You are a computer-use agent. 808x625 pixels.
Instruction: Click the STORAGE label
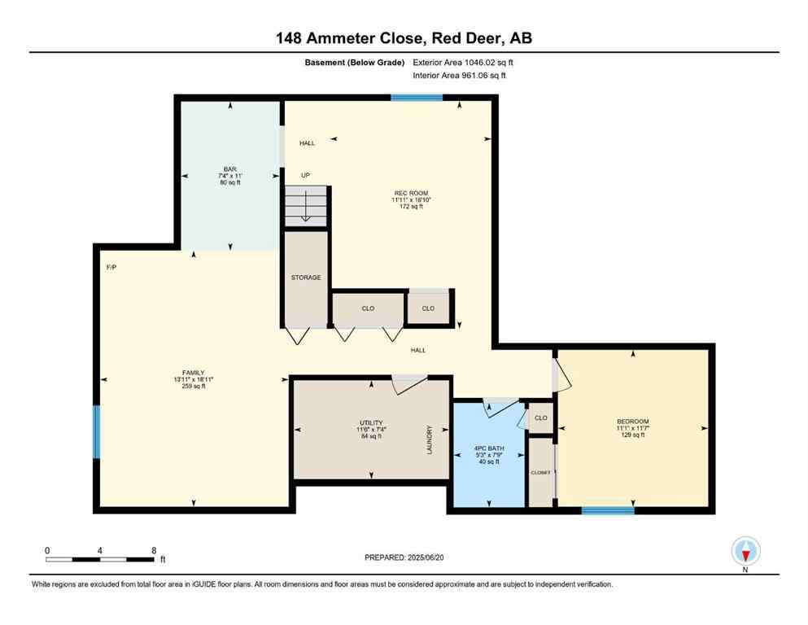pyautogui.click(x=306, y=278)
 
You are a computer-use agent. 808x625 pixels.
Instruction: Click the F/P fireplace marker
pyautogui.click(x=111, y=267)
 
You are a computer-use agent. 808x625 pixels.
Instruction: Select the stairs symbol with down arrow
pyautogui.click(x=305, y=206)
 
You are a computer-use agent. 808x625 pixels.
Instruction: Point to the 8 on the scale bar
pyautogui.click(x=153, y=550)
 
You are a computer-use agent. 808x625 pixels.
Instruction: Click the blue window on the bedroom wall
pyautogui.click(x=608, y=510)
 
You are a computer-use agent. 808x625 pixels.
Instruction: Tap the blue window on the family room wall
pyautogui.click(x=96, y=432)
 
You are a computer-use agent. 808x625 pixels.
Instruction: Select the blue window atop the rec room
pyautogui.click(x=417, y=98)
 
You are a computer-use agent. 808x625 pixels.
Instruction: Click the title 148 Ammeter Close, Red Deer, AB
pyautogui.click(x=404, y=37)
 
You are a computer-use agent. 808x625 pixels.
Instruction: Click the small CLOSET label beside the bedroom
pyautogui.click(x=540, y=472)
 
